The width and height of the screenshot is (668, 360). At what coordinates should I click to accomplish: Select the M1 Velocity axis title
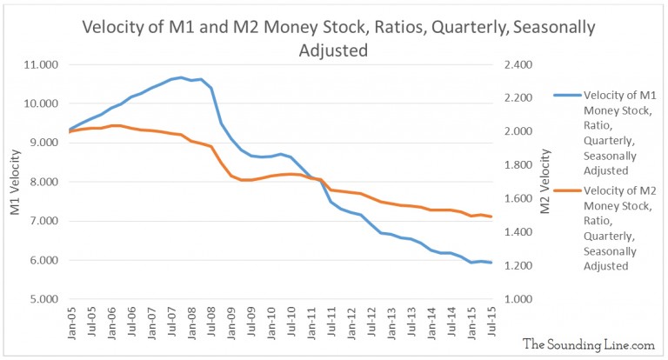click(x=12, y=183)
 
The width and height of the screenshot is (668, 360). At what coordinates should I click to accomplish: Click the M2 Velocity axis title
click(x=545, y=183)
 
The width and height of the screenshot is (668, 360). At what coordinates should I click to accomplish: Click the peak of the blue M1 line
click(x=181, y=77)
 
